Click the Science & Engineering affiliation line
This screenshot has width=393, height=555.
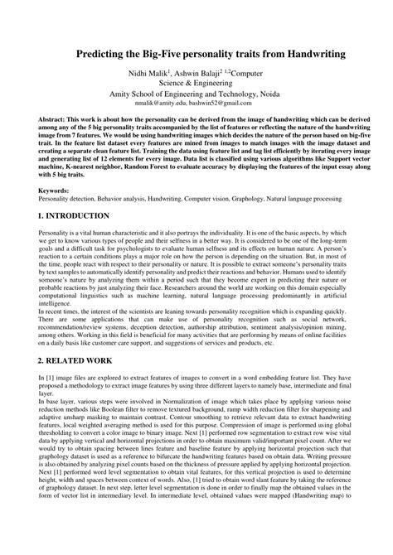tap(196, 84)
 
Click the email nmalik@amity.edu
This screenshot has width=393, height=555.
tap(158, 106)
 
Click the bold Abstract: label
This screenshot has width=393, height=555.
tap(54, 119)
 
